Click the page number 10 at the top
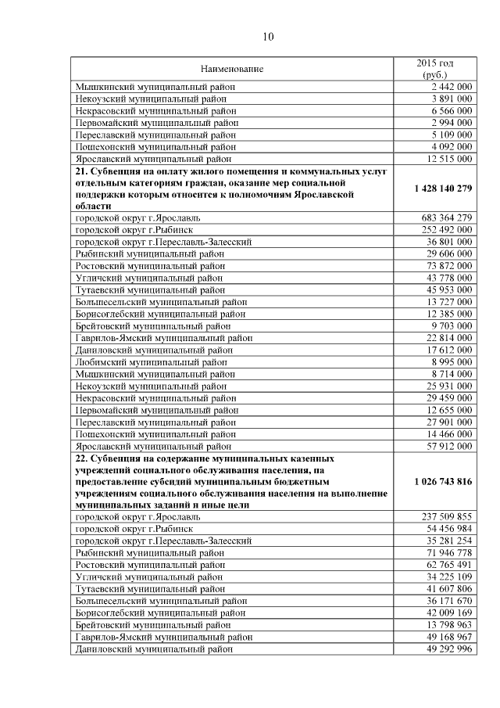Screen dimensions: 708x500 tap(268, 37)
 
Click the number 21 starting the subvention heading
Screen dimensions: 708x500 tap(80, 171)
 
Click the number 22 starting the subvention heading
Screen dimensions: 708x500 tap(80, 458)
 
